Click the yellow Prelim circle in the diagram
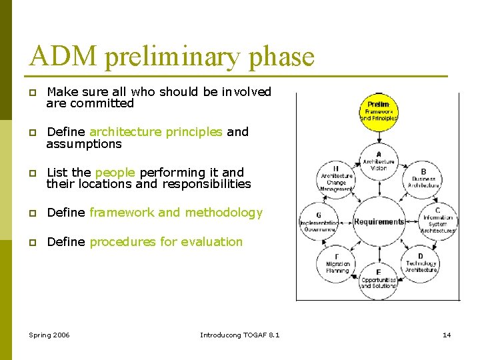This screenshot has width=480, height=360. point(379,111)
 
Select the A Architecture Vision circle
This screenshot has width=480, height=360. point(379,161)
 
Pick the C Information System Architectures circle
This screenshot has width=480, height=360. point(437,221)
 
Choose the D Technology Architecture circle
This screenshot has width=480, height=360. point(421,263)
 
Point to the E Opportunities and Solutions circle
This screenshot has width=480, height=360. point(379,279)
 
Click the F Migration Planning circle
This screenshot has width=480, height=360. point(337,263)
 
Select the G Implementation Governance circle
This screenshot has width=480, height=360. point(319,221)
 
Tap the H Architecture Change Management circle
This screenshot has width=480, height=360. point(336,177)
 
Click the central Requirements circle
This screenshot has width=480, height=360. point(379,221)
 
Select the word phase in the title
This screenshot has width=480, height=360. point(280,57)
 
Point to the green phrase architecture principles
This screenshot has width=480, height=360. point(155,132)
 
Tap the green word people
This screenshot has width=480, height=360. point(115,173)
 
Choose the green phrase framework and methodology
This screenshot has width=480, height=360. point(176,213)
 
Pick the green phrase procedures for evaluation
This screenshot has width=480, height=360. point(166,242)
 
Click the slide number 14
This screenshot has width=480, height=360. point(447,334)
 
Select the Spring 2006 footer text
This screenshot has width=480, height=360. point(49,334)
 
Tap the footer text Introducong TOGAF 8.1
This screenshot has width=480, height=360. point(239,334)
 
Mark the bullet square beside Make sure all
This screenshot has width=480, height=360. point(32,92)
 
